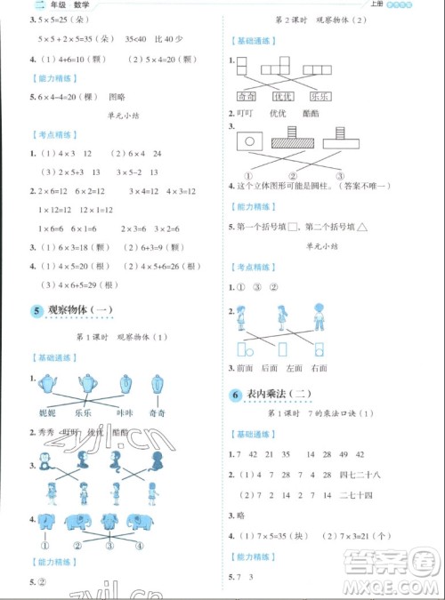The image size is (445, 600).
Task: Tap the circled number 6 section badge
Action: (x=236, y=395)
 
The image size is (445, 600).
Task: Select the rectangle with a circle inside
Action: (x=251, y=140)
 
